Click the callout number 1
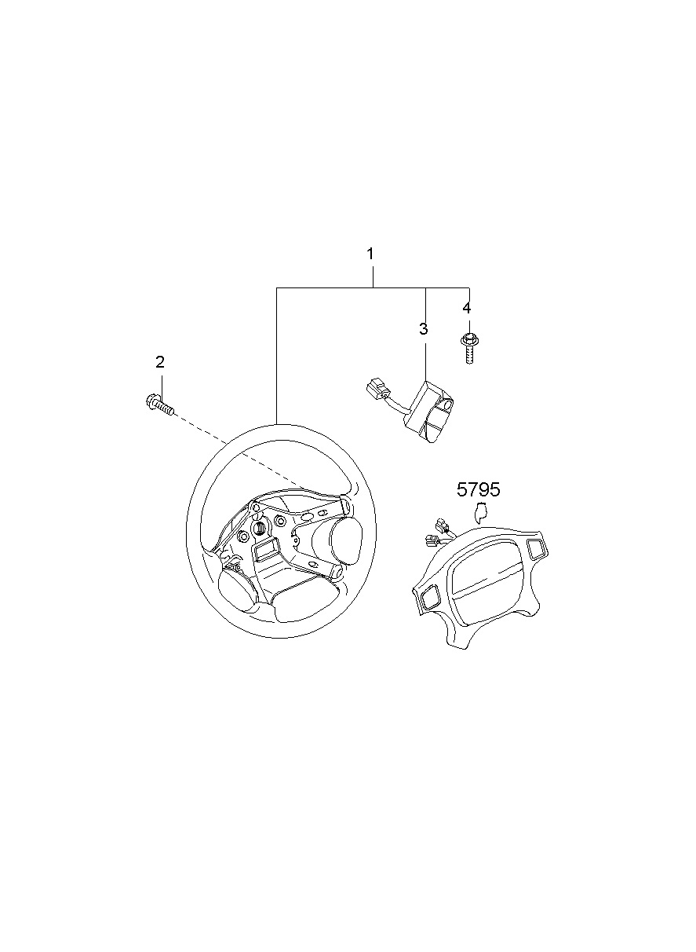click(370, 254)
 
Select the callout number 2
click(159, 362)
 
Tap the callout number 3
click(423, 329)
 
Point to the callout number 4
click(467, 308)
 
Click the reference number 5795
click(478, 489)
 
